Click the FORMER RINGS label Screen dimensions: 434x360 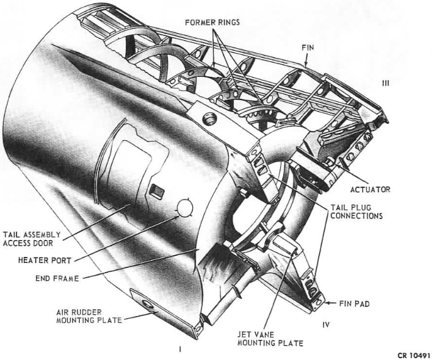[212, 22]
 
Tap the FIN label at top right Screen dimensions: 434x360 [308, 48]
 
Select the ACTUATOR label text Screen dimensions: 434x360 [370, 190]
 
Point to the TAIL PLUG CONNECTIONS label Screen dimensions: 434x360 [356, 212]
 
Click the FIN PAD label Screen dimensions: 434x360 [354, 303]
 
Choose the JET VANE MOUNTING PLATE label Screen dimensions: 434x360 [270, 339]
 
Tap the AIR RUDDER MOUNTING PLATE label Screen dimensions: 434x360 [89, 316]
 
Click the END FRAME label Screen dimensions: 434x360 [57, 278]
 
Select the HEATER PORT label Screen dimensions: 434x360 [45, 261]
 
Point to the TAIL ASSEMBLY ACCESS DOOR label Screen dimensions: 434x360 [32, 239]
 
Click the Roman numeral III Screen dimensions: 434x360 [385, 84]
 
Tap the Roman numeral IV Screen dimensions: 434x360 [326, 324]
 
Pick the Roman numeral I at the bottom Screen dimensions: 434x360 [180, 349]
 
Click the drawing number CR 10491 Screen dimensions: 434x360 [414, 356]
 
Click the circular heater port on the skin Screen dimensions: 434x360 [184, 208]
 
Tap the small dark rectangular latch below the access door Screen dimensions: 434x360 [157, 190]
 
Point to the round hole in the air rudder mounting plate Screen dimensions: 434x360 [146, 305]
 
